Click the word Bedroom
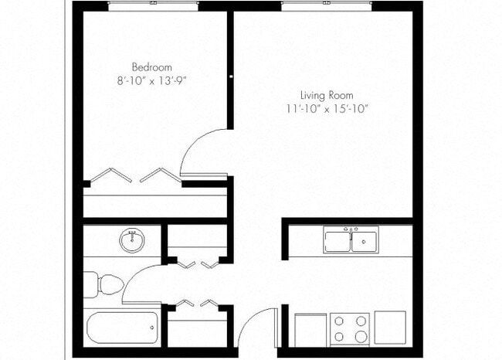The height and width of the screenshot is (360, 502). tap(151, 66)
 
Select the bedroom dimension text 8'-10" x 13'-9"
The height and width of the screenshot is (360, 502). tap(151, 80)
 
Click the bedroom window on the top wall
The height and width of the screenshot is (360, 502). tap(153, 5)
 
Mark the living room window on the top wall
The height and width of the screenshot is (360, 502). tap(326, 5)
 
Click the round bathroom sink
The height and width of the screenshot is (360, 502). tap(132, 242)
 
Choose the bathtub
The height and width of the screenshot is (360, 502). tap(122, 328)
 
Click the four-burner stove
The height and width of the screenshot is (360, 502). tap(350, 328)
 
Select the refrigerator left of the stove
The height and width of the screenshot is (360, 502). tap(310, 328)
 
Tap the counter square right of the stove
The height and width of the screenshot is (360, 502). tap(390, 326)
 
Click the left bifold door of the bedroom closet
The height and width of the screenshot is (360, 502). tap(111, 176)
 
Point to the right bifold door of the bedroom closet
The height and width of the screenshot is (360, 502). tap(160, 176)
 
